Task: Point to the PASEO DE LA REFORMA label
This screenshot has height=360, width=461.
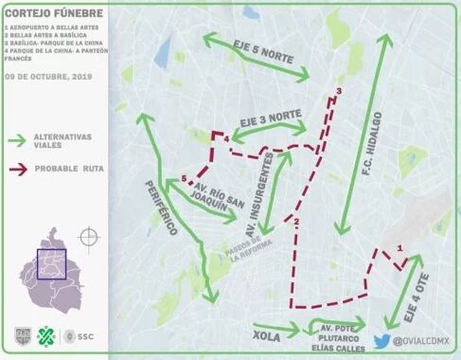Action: [251, 243]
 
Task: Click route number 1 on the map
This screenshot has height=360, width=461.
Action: [400, 248]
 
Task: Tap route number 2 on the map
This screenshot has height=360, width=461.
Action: [296, 223]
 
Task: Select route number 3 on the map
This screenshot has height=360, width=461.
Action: [338, 91]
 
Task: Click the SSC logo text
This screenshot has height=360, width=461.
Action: [84, 335]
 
